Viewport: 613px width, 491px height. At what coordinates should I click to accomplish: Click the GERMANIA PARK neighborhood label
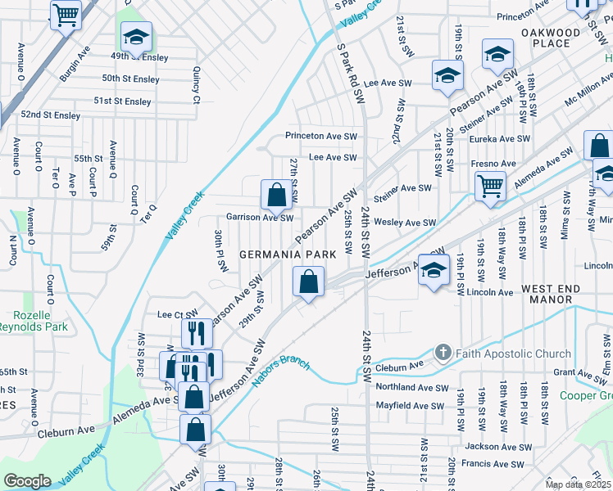288,255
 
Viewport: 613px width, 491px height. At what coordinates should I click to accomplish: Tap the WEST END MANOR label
550,295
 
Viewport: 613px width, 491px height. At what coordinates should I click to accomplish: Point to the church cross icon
443,353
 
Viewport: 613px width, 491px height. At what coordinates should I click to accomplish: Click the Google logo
26,481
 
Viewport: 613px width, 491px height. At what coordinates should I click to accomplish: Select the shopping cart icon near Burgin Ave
66,14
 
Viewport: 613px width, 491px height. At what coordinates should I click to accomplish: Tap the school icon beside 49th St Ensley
137,35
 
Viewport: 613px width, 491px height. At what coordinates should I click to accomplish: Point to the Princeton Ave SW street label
321,136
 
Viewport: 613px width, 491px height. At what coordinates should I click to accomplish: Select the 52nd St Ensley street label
50,115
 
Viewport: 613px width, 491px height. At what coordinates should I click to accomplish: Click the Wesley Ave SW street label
405,222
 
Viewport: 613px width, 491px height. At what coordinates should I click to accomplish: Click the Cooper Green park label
586,396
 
